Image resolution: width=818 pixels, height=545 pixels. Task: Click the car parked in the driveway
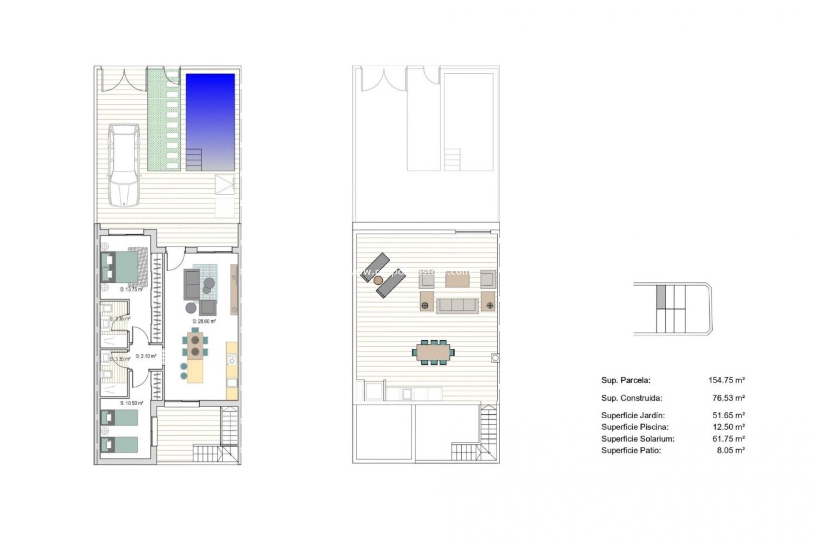click(124, 165)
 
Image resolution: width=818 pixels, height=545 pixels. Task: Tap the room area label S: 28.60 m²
click(204, 321)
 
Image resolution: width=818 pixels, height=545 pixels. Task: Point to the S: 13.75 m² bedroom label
click(131, 290)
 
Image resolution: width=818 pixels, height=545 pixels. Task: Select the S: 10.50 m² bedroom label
click(131, 403)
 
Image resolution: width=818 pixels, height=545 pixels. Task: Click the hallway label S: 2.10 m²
click(146, 356)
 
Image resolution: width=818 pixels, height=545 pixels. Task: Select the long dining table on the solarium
click(433, 352)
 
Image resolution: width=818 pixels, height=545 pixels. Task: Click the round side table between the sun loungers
click(378, 280)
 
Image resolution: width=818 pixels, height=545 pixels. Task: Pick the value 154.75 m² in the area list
click(726, 380)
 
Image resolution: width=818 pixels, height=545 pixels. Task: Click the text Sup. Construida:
click(631, 398)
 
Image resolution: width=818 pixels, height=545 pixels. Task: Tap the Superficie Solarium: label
click(638, 439)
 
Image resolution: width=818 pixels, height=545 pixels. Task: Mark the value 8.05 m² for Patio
click(731, 450)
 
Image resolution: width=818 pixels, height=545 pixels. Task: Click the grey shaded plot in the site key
click(661, 297)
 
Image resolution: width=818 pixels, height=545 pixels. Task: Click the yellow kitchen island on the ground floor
click(196, 372)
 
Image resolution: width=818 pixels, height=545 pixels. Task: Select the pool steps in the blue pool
click(194, 159)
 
